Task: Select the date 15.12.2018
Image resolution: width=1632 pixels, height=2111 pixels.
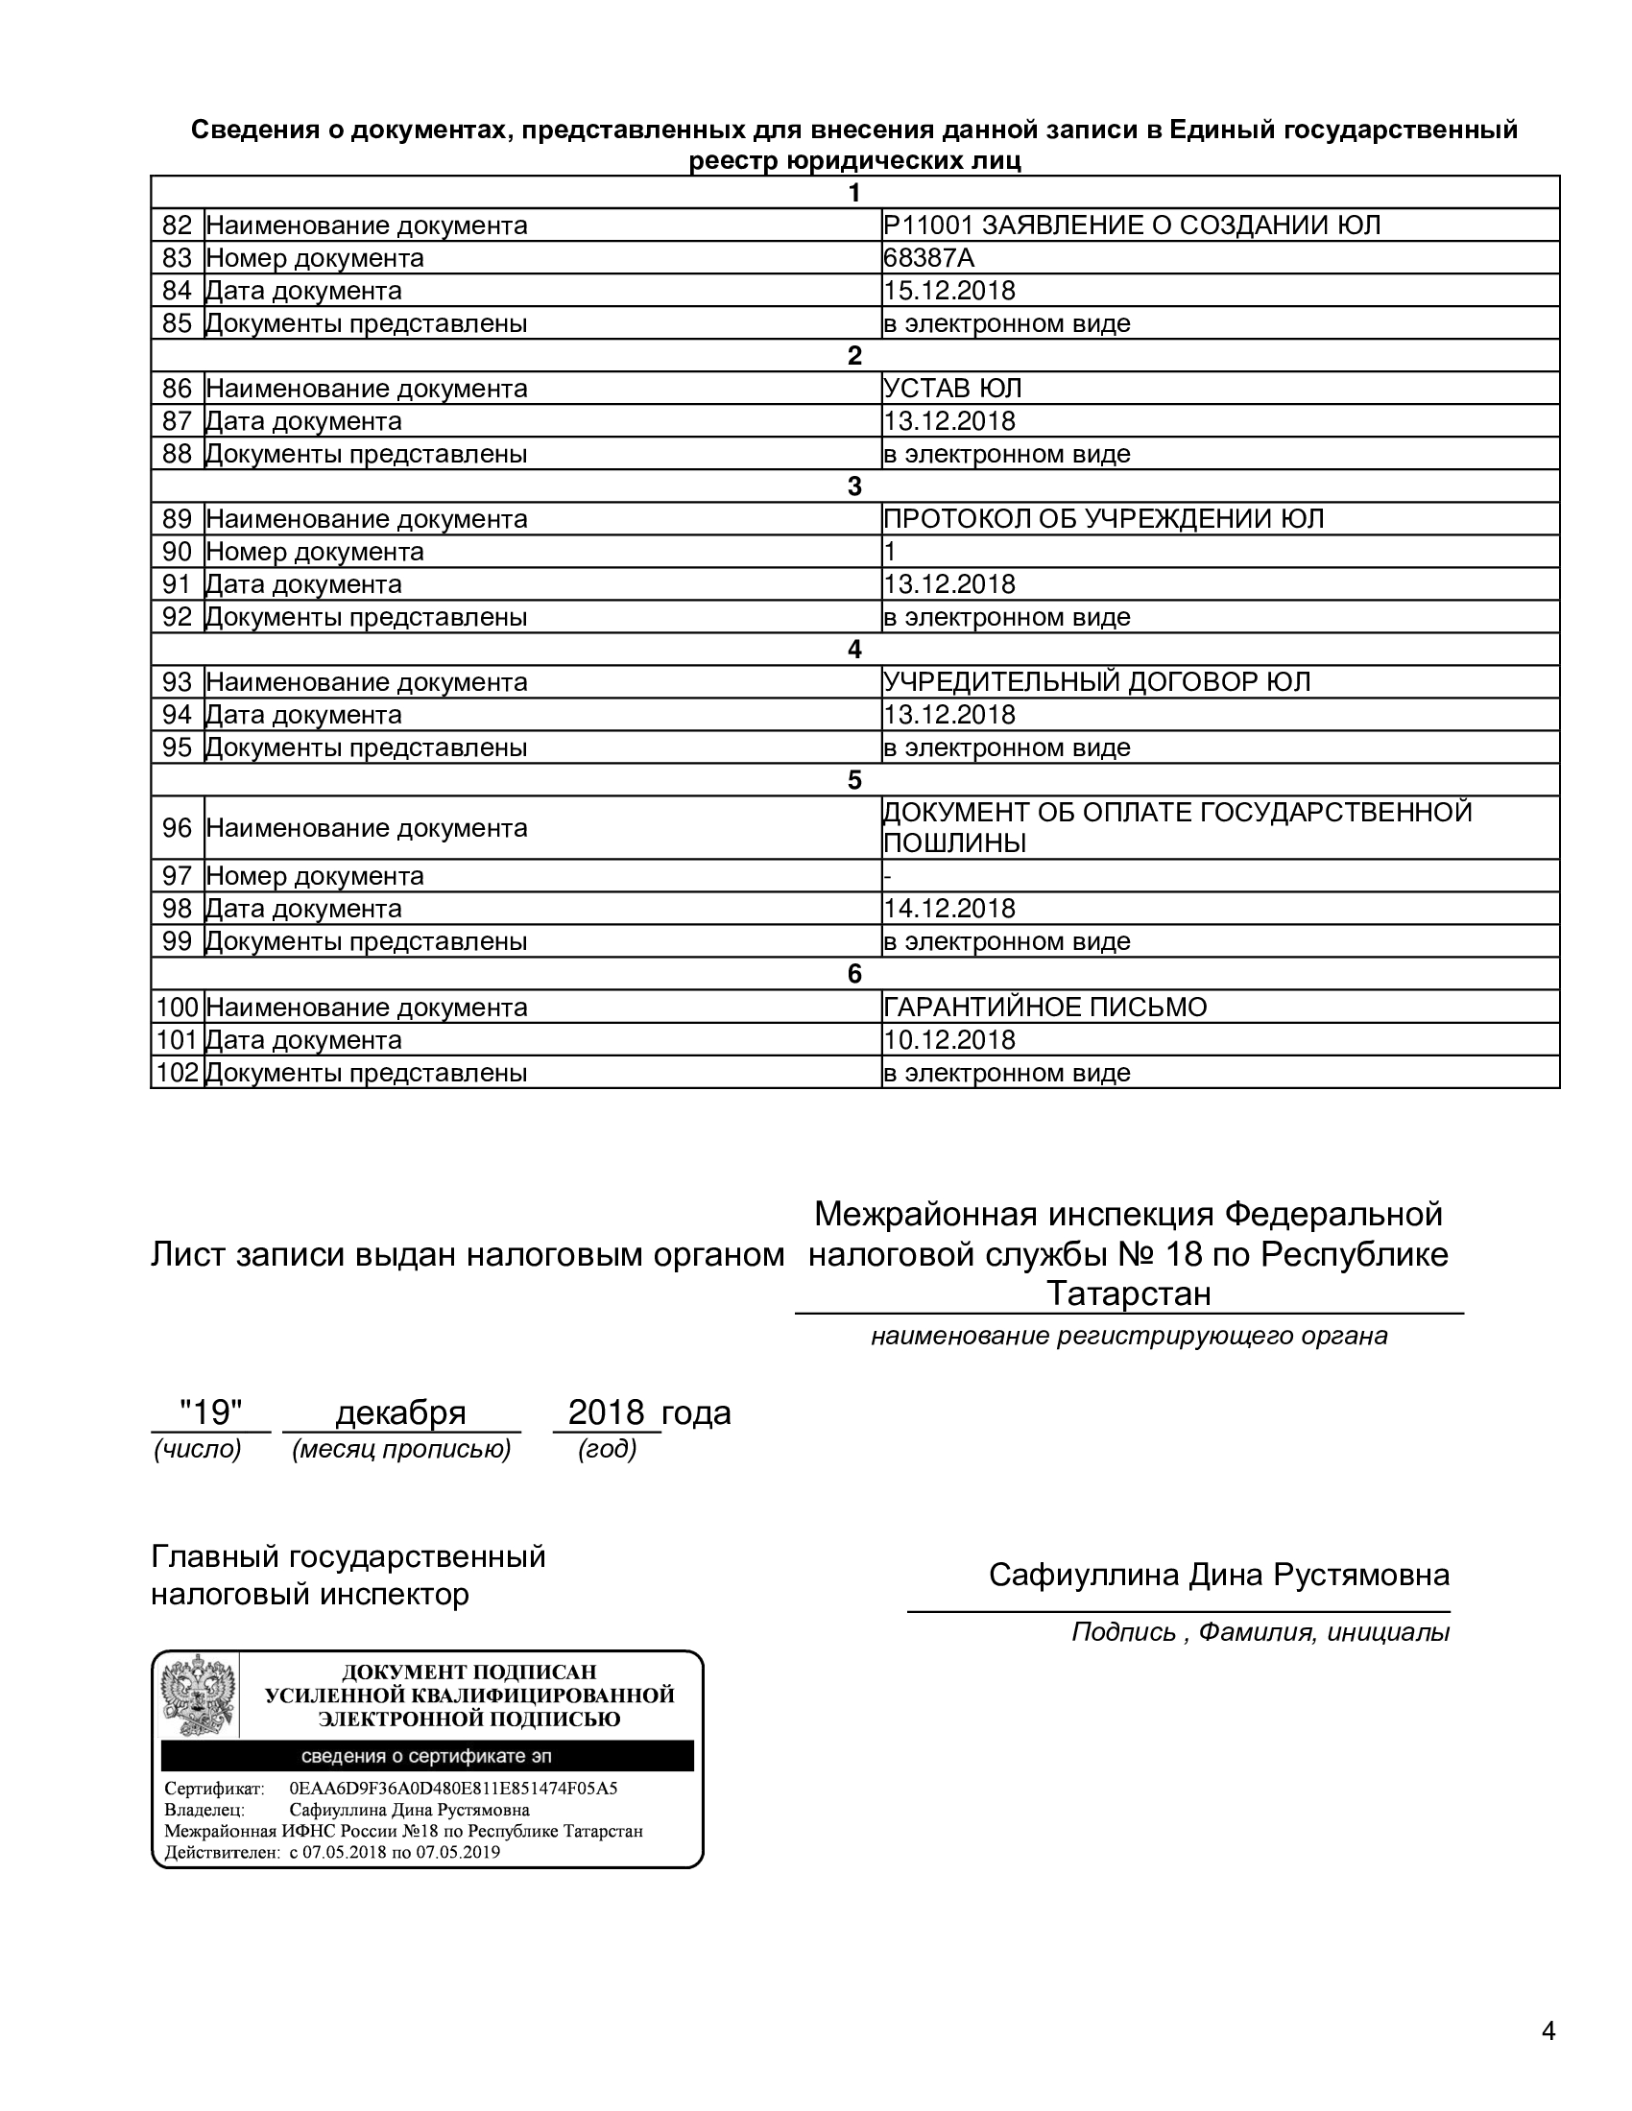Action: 948,291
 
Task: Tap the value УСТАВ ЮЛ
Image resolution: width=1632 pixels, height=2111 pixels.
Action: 952,389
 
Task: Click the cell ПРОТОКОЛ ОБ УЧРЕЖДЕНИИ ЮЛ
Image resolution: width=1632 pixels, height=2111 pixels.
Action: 1103,519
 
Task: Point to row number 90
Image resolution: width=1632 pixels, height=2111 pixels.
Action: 178,552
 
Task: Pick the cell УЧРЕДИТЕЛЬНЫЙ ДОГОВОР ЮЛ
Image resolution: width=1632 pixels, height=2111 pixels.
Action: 1096,682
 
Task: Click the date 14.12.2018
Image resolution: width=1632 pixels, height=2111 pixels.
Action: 948,909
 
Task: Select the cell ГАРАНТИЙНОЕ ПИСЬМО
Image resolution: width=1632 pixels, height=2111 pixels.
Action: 1045,1008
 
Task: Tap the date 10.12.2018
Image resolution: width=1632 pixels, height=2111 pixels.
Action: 948,1040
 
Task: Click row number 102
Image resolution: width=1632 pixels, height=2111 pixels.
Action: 178,1073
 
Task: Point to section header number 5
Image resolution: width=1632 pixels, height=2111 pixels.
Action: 854,780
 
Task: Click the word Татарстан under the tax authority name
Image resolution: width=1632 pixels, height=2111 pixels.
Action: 1128,1293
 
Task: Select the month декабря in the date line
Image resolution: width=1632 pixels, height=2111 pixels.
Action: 400,1413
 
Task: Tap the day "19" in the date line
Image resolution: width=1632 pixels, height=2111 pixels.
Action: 211,1413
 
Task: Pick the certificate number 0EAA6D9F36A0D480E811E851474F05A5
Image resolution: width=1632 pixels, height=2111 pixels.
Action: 453,1789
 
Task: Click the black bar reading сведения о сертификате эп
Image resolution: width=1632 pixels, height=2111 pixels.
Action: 426,1756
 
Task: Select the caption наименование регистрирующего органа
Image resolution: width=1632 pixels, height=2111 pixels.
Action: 1128,1336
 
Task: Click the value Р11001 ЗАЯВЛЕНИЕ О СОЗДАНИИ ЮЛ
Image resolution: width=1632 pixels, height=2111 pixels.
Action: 1132,225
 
